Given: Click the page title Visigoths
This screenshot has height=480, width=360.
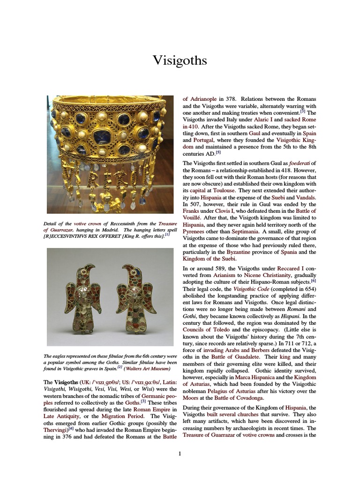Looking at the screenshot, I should point(180,60).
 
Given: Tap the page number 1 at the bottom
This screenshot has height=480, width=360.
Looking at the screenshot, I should point(180,453).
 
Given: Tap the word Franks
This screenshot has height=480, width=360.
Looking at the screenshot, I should point(191,211).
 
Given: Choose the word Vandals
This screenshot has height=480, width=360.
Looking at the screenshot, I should point(305,198).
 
